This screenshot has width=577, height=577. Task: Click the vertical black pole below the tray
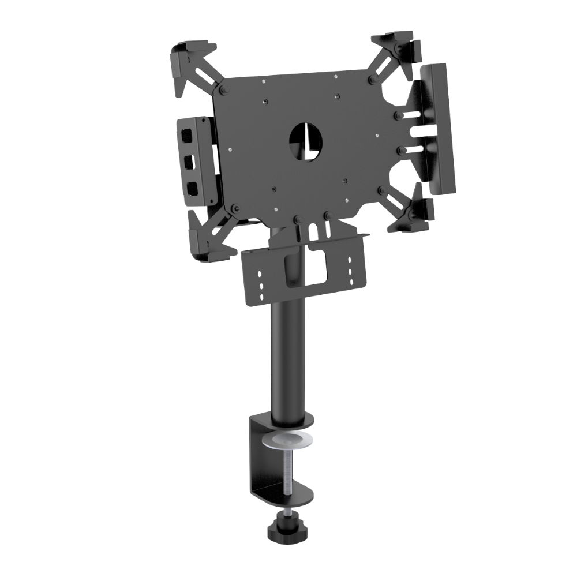click(285, 358)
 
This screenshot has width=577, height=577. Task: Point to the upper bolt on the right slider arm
click(398, 116)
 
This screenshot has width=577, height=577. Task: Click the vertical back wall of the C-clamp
click(256, 456)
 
